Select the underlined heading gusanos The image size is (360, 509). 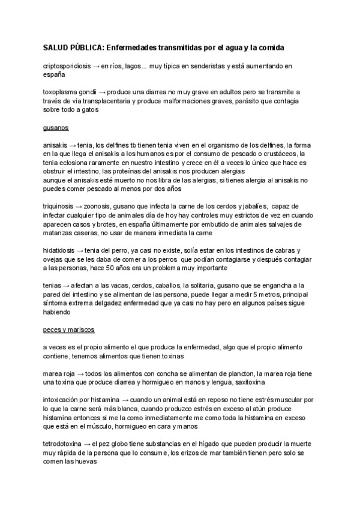tap(56, 128)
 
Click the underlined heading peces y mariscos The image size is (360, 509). tap(69, 330)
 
